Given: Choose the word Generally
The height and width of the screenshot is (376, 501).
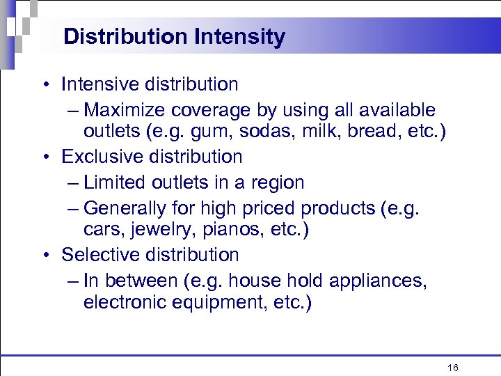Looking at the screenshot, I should pos(123,208).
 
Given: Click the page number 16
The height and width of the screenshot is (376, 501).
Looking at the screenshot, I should pos(453,367).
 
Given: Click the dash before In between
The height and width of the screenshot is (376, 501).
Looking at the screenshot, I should pos(74,281).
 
